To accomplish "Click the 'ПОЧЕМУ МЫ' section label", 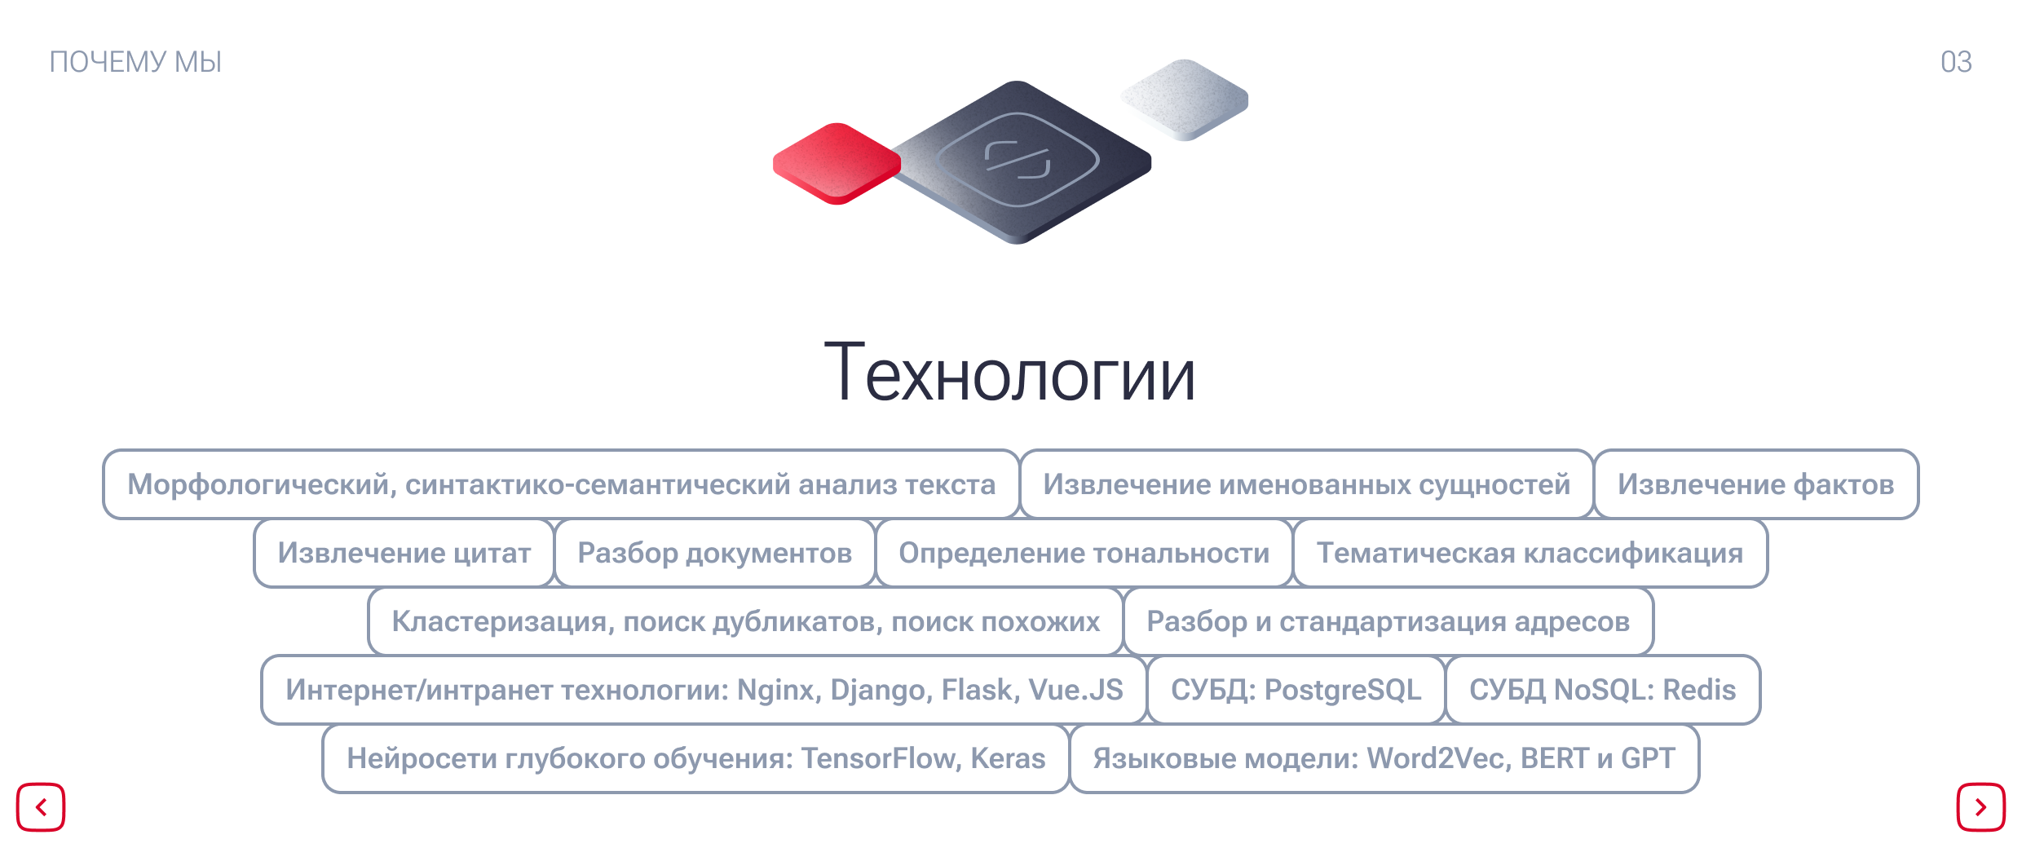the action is (x=135, y=62).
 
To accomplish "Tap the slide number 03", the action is (x=1956, y=62).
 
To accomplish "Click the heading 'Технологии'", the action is (x=1010, y=373).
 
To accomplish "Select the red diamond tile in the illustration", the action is (x=837, y=163).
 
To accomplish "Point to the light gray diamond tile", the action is (x=1185, y=99).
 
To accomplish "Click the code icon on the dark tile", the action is (x=1018, y=160).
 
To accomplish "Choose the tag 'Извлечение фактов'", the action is (x=1756, y=484).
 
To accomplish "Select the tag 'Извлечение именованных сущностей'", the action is (x=1307, y=484).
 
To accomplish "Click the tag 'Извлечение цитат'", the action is (x=404, y=553).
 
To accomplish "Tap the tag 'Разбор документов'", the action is (x=715, y=553).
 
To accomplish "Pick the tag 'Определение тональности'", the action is (x=1084, y=553).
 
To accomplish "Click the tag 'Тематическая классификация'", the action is (x=1530, y=553).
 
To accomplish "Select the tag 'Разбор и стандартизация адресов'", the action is (x=1388, y=621).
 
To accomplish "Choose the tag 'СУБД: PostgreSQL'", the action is (x=1296, y=690).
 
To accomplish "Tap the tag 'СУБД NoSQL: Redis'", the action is (x=1603, y=690).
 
